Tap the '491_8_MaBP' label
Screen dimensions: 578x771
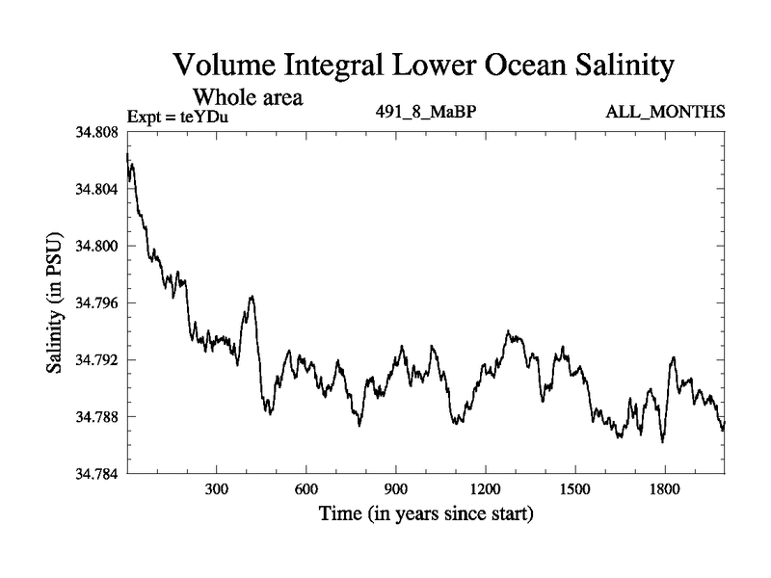[x=427, y=112]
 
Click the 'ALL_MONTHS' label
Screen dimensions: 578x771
[x=665, y=112]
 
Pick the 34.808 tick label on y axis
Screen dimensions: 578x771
[x=95, y=132]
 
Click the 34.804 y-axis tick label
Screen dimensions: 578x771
[x=95, y=189]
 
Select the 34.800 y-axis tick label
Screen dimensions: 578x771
[x=95, y=246]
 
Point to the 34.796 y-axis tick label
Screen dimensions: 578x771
[x=95, y=302]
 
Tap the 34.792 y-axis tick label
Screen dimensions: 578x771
[x=95, y=359]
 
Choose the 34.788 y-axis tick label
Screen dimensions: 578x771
[x=95, y=416]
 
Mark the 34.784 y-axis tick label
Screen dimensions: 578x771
[x=95, y=473]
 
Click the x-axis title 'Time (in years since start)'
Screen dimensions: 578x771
[x=426, y=514]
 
